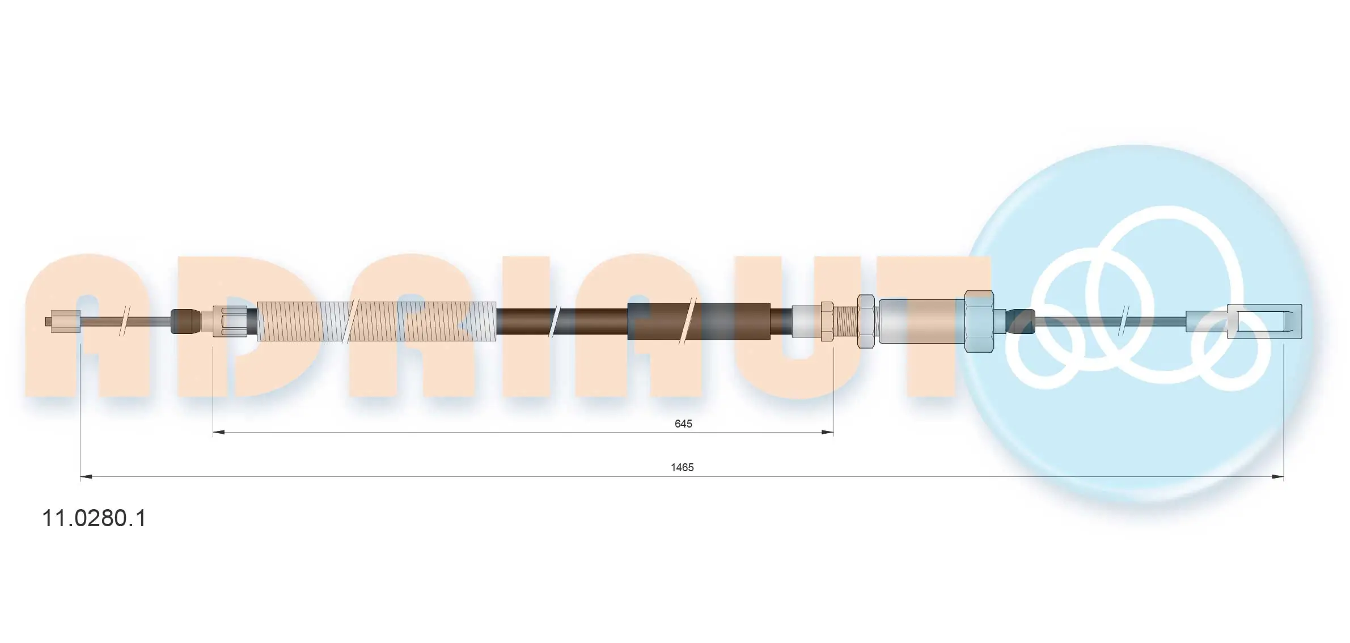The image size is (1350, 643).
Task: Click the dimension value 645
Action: pyautogui.click(x=683, y=424)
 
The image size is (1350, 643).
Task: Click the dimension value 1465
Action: pyautogui.click(x=682, y=467)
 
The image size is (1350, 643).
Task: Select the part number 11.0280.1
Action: pyautogui.click(x=94, y=518)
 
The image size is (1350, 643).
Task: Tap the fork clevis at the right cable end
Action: pyautogui.click(x=1264, y=321)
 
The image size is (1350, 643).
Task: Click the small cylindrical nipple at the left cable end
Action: pyautogui.click(x=64, y=321)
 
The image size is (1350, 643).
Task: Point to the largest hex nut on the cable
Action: pyautogui.click(x=979, y=321)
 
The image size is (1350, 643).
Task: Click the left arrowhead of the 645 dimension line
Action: pyautogui.click(x=218, y=433)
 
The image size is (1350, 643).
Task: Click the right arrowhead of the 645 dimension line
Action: pyautogui.click(x=828, y=433)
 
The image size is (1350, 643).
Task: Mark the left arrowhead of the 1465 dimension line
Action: pyautogui.click(x=86, y=477)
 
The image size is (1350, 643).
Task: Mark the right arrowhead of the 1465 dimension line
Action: pyautogui.click(x=1277, y=477)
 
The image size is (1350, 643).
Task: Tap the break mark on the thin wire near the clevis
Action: pyautogui.click(x=1123, y=321)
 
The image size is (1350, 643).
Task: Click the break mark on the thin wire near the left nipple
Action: pyautogui.click(x=125, y=321)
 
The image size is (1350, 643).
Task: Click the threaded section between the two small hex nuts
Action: pyautogui.click(x=845, y=321)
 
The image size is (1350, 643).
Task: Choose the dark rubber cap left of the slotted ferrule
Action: pyautogui.click(x=185, y=321)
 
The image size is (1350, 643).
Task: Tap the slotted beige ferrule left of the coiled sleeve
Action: pyautogui.click(x=230, y=321)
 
